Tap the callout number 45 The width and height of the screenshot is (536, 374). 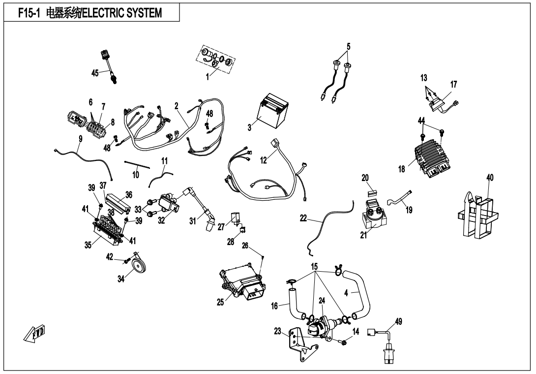tap(95, 73)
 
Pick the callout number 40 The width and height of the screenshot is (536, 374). tap(490, 177)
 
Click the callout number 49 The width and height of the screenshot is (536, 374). tap(398, 322)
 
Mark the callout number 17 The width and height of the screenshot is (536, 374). tap(453, 85)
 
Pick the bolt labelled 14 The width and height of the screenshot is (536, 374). tap(344, 341)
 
